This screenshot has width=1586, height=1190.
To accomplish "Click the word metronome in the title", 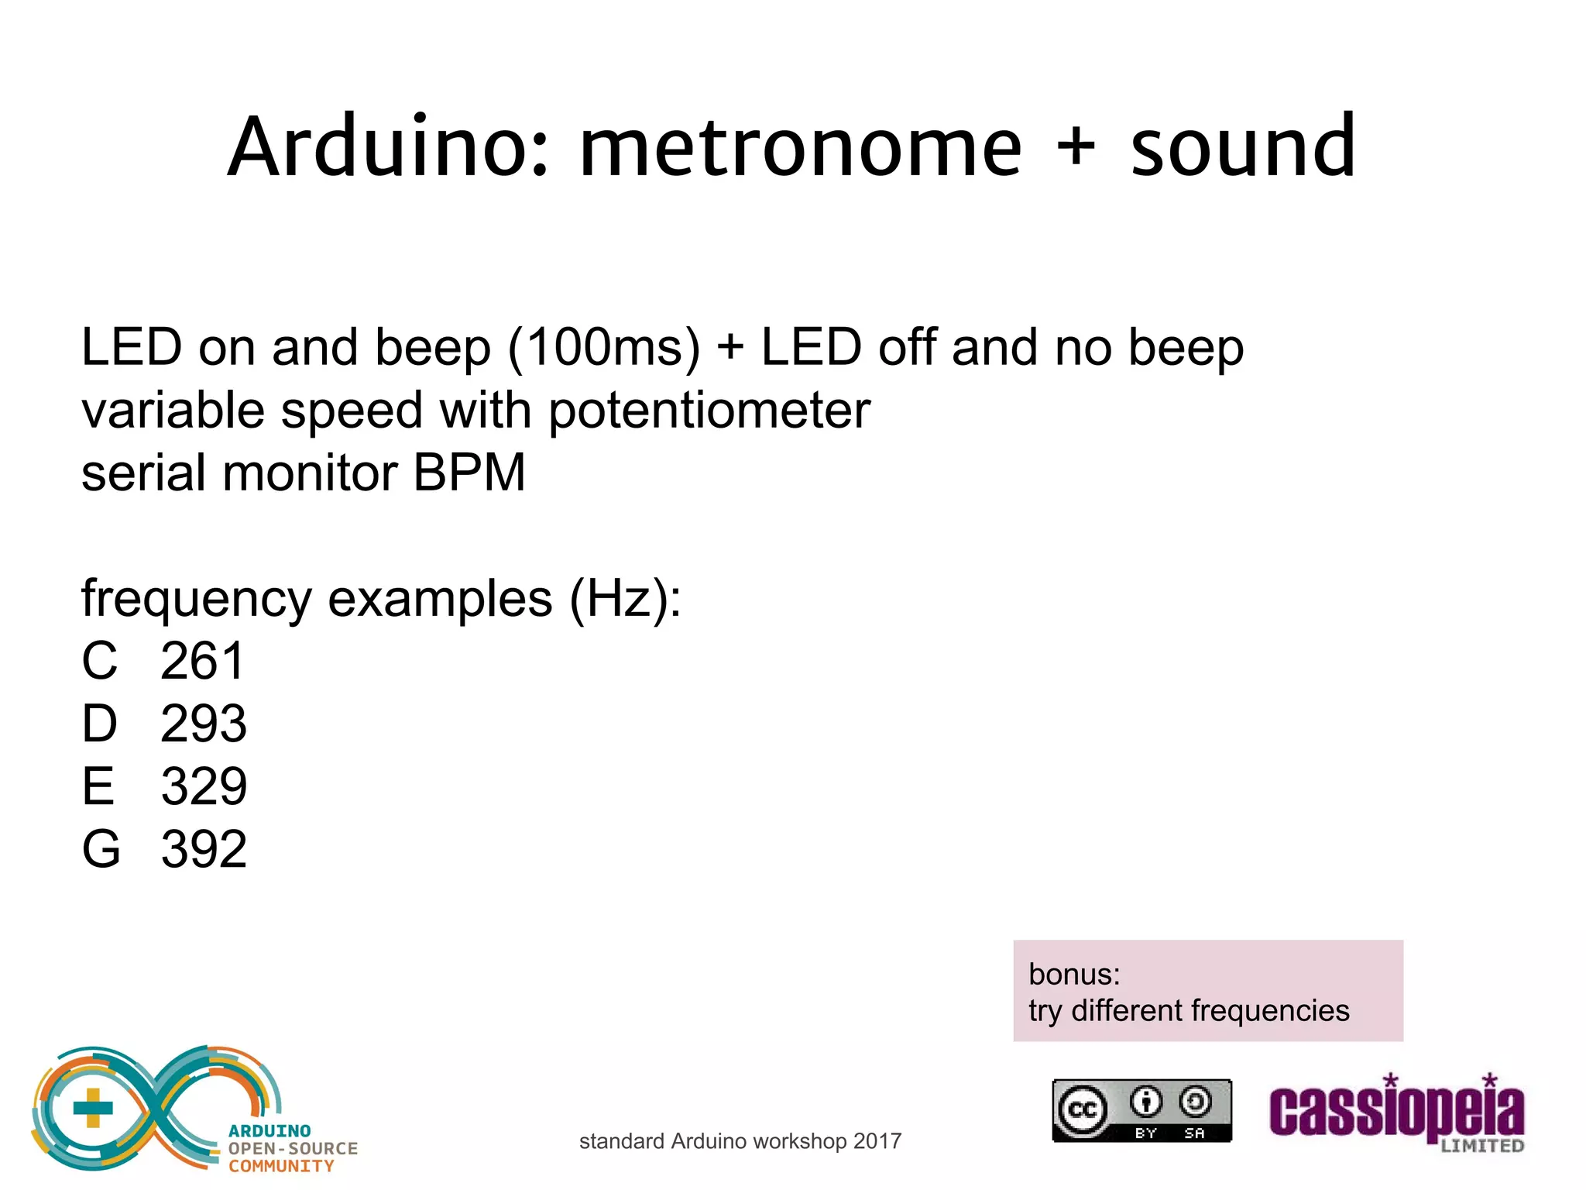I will click(801, 147).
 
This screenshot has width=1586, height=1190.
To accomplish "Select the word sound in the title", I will click(1242, 147).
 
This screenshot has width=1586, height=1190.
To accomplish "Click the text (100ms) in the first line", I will click(603, 348).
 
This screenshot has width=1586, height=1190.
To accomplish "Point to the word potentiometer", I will click(709, 411).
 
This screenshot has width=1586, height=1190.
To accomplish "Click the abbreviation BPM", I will click(469, 473).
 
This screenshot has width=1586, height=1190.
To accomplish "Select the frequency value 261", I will click(203, 662).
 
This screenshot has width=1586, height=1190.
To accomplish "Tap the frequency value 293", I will click(204, 724).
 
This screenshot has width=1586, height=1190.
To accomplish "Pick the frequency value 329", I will click(204, 787).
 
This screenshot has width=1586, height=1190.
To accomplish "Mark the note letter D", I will click(100, 724).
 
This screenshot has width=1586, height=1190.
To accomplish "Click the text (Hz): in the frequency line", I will click(625, 599).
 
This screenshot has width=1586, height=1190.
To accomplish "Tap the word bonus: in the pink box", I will click(1074, 975).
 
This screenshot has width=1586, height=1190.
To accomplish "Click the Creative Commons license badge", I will click(1141, 1110).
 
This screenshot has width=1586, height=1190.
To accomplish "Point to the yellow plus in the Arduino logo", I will click(93, 1108).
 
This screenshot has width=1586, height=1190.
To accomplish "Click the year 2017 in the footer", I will click(877, 1141).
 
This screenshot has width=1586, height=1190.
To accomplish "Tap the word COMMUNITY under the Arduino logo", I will click(281, 1166).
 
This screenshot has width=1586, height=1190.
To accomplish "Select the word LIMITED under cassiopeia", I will click(1482, 1146).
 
